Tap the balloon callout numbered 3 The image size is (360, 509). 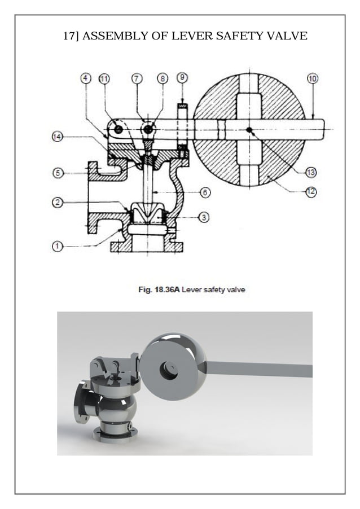tap(204, 217)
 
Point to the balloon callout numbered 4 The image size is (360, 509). tap(86, 78)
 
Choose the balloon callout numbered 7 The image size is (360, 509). tap(137, 78)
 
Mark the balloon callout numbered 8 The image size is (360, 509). tap(163, 78)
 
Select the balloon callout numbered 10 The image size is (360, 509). tap(312, 78)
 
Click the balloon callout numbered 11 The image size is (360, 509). tap(104, 78)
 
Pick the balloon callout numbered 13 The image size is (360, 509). tap(311, 172)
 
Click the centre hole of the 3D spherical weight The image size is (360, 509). tap(169, 370)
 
